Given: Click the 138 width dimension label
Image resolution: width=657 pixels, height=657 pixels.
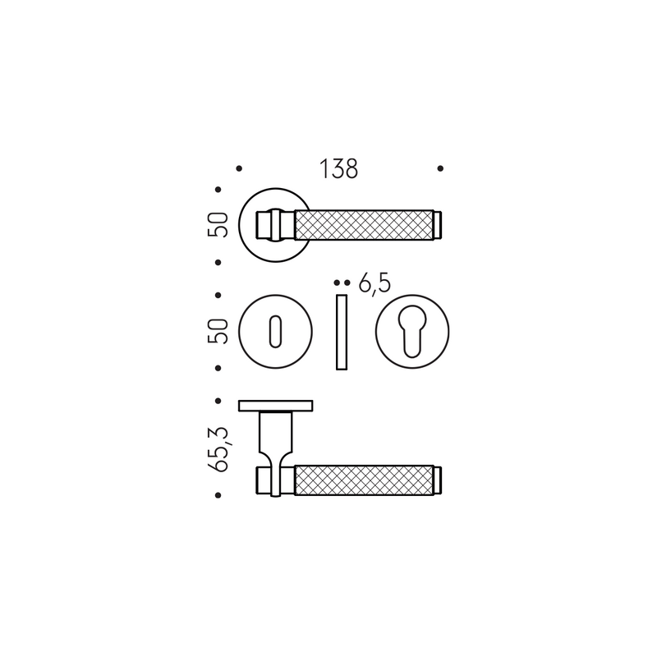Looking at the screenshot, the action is click(x=338, y=169).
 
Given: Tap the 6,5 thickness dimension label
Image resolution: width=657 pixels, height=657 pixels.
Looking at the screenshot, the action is click(x=374, y=283).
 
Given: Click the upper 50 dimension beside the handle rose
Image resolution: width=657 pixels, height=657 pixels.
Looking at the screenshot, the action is click(x=218, y=225).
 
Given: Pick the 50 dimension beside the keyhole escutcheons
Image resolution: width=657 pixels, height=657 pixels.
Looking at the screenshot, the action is click(x=218, y=332).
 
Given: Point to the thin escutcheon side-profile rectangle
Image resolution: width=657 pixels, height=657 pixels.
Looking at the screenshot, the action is click(x=342, y=333).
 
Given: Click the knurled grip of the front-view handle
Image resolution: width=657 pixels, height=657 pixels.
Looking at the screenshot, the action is click(x=364, y=225).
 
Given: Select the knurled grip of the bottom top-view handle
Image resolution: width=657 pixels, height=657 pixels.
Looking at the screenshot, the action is click(x=364, y=480).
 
